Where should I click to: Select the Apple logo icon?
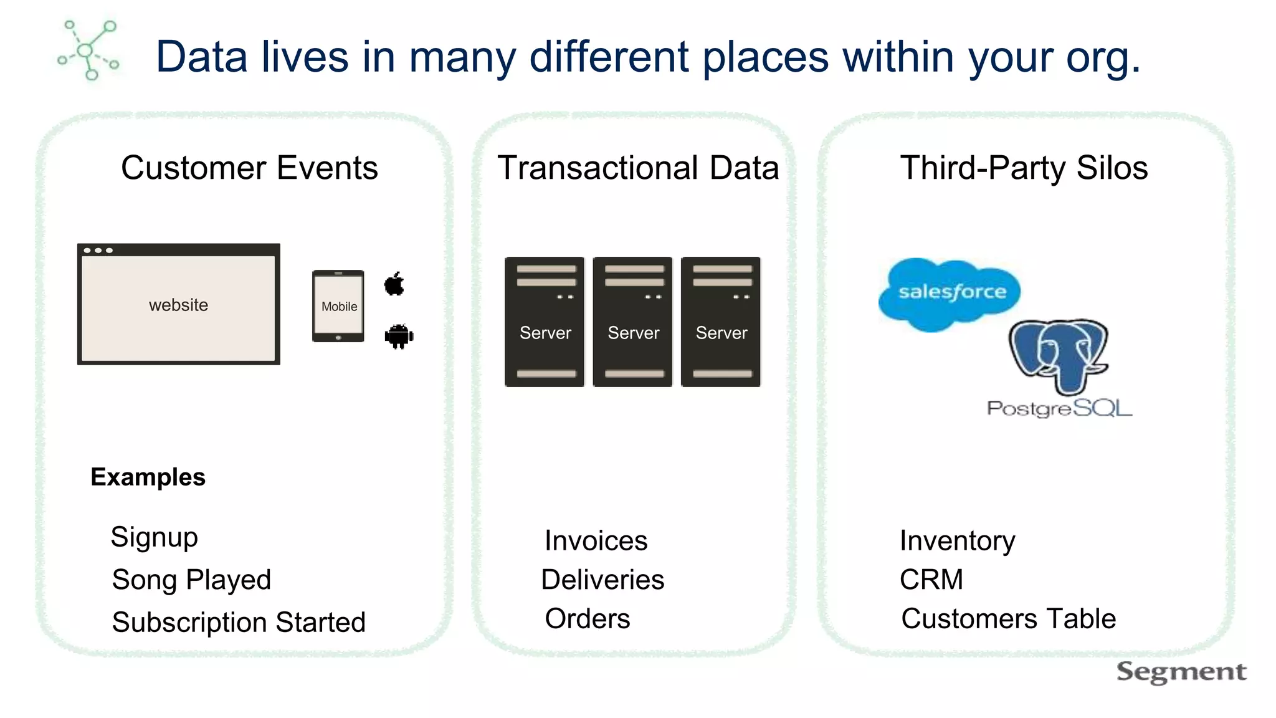coord(394,284)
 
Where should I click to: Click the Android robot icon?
coord(399,337)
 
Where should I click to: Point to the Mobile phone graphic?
coord(338,306)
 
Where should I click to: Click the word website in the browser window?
coord(178,305)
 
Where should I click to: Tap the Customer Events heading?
coord(249,168)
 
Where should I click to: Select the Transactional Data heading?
coord(638,168)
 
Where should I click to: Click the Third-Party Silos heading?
coord(1024,168)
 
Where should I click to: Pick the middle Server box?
coord(632,322)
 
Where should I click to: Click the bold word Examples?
coord(148,477)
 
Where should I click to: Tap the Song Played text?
coord(191,580)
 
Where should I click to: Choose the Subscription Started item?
coord(239,622)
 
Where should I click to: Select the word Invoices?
coord(596,540)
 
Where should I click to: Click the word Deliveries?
coord(602,580)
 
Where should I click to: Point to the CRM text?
coord(931,580)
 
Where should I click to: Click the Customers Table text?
coord(1008,619)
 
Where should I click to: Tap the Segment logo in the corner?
coord(1181,672)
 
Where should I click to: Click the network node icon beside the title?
coord(88,50)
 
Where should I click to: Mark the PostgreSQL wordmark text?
coord(1059,409)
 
